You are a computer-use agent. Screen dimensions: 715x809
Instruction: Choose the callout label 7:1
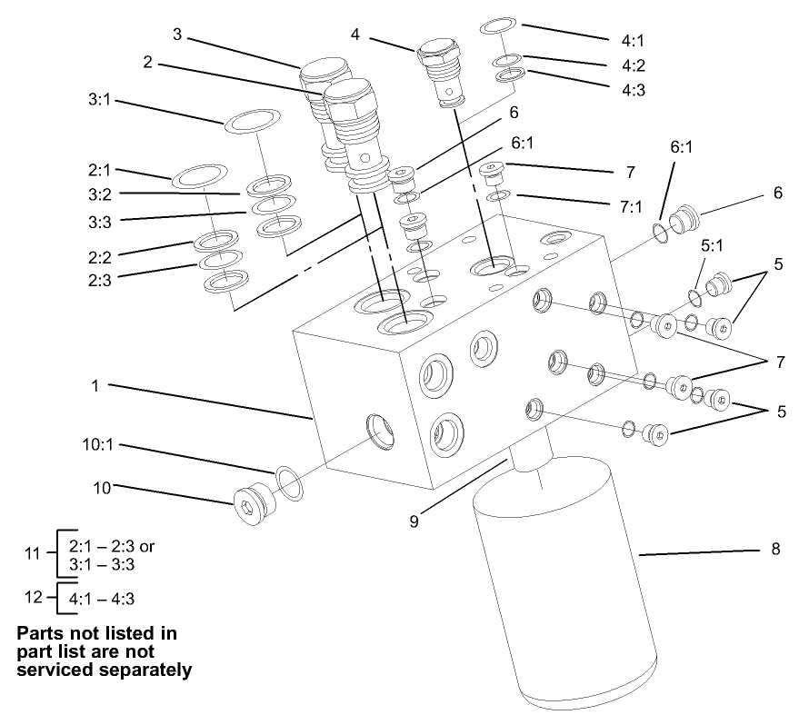(632, 207)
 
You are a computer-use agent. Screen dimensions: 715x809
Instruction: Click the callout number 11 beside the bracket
(33, 552)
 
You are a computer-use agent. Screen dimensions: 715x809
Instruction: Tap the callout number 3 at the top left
(178, 35)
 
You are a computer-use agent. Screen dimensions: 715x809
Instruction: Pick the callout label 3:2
(101, 194)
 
